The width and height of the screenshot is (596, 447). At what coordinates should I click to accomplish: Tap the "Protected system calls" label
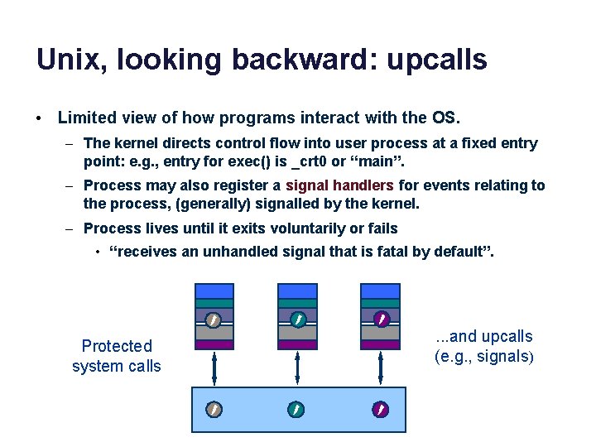click(x=117, y=356)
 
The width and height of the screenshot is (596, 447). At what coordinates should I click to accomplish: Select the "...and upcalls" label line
click(x=484, y=337)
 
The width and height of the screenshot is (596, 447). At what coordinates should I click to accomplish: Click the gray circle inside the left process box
click(x=214, y=319)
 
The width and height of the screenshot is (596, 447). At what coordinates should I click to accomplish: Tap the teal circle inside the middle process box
click(x=297, y=319)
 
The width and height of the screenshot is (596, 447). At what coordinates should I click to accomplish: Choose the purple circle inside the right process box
click(x=381, y=319)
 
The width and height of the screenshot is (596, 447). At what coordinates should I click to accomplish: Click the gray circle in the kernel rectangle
click(x=214, y=409)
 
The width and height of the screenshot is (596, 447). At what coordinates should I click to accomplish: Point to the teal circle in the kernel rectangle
click(x=297, y=409)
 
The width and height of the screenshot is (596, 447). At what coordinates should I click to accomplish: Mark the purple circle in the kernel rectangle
click(x=381, y=409)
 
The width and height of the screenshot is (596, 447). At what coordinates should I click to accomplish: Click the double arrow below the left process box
click(x=214, y=368)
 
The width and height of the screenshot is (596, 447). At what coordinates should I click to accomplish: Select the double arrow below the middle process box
click(x=297, y=368)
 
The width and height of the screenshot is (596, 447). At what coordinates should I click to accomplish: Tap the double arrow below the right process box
click(x=381, y=368)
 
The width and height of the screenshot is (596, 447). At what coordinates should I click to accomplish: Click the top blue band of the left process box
click(x=214, y=291)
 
